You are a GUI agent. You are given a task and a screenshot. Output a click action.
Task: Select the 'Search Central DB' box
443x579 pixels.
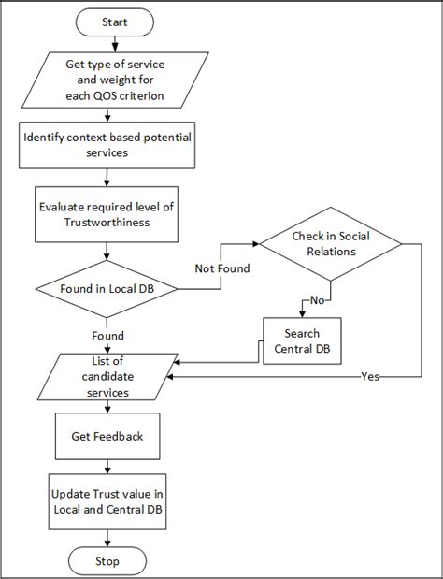tap(303, 341)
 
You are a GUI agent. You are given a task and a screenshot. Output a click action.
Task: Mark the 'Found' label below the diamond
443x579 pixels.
tap(108, 335)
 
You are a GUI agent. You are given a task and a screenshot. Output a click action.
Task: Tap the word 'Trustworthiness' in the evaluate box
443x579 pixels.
tap(108, 222)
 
